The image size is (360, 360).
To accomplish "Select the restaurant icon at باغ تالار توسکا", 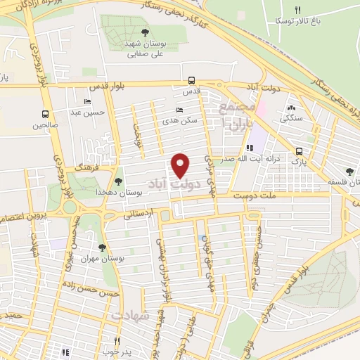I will point(297,10).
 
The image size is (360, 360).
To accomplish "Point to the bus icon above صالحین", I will point(45,114).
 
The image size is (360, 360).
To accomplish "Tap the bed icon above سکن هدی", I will point(179,110).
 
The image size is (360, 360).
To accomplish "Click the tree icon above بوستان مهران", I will point(103,247).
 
